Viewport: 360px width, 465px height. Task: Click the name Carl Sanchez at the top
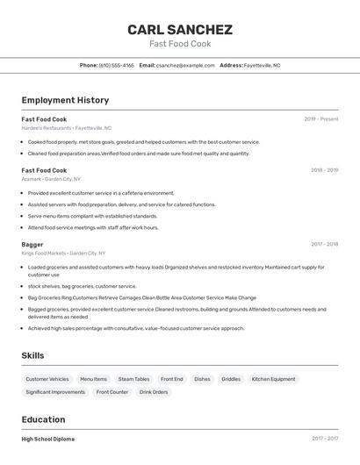[x=179, y=29]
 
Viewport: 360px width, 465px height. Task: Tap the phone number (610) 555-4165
[x=117, y=65]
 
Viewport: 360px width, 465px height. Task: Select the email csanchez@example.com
[x=185, y=65]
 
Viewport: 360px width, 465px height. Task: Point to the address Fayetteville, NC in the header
[x=262, y=65]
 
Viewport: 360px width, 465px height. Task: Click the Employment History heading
[x=65, y=100]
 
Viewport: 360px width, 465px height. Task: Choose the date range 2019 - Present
[x=321, y=119]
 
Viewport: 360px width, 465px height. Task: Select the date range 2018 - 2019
[x=324, y=170]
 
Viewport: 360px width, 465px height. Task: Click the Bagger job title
[x=32, y=244]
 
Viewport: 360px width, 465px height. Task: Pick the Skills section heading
[x=33, y=355]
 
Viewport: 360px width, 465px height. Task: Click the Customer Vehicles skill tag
[x=47, y=379]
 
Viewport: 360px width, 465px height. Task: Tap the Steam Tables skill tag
[x=133, y=379]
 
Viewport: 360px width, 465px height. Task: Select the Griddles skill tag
[x=231, y=379]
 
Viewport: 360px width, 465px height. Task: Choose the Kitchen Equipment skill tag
[x=273, y=379]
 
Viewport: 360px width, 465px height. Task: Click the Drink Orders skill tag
[x=154, y=392]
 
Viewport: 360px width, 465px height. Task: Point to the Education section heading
[x=43, y=419]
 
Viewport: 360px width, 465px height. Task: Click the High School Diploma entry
[x=48, y=439]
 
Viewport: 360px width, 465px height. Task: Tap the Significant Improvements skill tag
[x=55, y=392]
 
